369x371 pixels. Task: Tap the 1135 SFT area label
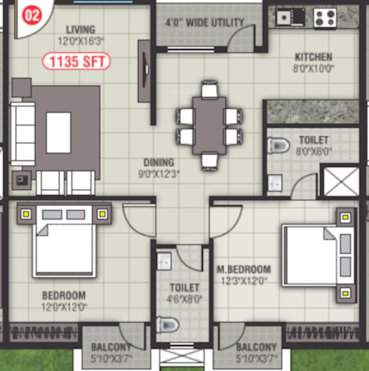click(x=76, y=61)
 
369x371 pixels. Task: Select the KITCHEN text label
click(x=313, y=57)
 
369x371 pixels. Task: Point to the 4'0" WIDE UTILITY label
click(x=204, y=21)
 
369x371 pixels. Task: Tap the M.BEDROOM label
click(x=244, y=269)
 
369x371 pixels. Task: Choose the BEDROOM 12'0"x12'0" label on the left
click(x=63, y=295)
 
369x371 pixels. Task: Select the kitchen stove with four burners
click(x=323, y=16)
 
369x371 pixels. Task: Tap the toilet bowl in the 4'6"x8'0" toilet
click(x=170, y=325)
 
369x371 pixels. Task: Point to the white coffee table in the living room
click(x=58, y=130)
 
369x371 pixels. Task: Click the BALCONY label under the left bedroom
click(x=106, y=347)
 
